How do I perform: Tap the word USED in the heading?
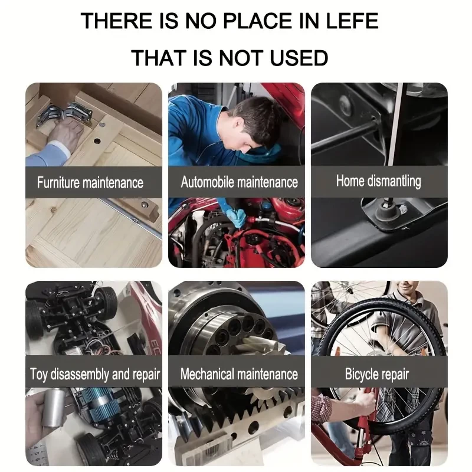click(299, 58)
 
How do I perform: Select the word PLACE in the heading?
click(258, 21)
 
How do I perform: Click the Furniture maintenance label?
click(90, 182)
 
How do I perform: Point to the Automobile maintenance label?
click(240, 182)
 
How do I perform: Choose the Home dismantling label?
click(378, 181)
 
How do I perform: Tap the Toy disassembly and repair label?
click(95, 374)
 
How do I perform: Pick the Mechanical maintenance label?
click(239, 374)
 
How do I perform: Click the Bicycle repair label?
click(377, 374)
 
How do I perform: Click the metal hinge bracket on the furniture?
click(65, 114)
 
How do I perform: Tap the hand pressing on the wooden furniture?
click(65, 133)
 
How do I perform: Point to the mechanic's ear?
click(240, 123)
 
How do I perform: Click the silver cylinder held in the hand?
click(54, 407)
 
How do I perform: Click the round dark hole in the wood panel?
click(97, 140)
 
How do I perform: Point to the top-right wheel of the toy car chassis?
click(107, 300)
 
